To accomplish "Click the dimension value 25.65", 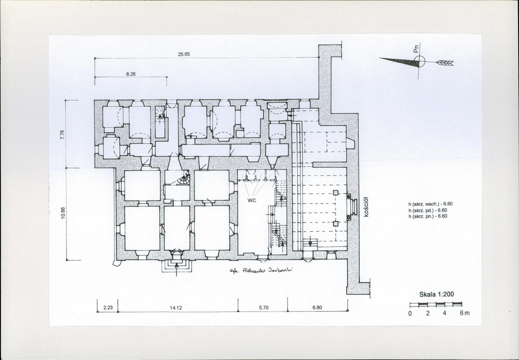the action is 184,54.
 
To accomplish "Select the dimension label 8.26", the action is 131,74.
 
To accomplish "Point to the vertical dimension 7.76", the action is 63,135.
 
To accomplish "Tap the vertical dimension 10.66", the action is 63,213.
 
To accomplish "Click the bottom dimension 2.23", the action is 108,308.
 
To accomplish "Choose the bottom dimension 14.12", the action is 176,308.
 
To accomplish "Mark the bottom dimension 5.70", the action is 264,308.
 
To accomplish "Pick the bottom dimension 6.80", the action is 317,308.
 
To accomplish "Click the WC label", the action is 252,201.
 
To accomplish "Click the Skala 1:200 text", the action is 437,294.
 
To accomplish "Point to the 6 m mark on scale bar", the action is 464,313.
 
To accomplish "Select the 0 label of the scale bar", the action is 410,313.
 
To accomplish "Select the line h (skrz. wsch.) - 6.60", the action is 430,204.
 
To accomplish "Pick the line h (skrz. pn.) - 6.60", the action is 428,216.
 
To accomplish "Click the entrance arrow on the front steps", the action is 176,269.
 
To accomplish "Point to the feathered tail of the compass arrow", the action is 445,62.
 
